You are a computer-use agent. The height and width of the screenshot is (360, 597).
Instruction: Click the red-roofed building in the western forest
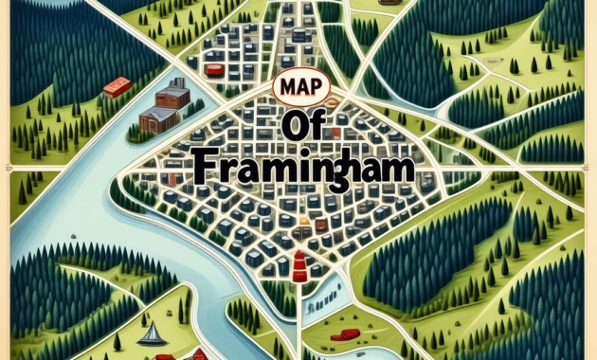point(116,86)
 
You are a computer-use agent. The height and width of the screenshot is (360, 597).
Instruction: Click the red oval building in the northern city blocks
point(214,68)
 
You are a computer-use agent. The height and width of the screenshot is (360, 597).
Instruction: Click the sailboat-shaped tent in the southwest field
point(149,333)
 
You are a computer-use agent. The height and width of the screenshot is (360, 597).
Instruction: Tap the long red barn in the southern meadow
point(345,333)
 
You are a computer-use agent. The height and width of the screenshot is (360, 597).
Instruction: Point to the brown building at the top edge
point(387,3)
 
